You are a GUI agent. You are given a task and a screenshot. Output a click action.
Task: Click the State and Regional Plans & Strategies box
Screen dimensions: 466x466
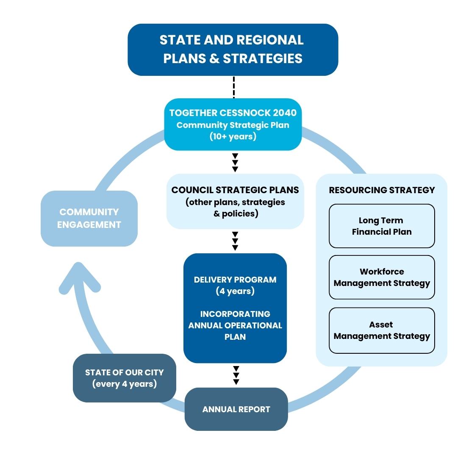coord(233,50)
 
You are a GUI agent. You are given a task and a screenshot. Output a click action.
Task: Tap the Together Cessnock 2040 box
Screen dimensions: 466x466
coord(233,125)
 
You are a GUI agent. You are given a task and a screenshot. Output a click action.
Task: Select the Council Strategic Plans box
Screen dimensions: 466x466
coord(235,202)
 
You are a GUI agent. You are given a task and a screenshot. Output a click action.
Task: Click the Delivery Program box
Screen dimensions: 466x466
coord(235,308)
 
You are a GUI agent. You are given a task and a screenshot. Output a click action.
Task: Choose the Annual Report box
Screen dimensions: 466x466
coord(236,409)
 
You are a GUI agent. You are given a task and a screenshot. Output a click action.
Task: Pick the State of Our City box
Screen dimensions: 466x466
coord(124,378)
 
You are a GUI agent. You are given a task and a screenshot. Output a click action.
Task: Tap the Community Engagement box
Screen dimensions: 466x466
coord(89,218)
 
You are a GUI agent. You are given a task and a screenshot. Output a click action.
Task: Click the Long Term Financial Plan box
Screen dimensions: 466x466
coord(382,226)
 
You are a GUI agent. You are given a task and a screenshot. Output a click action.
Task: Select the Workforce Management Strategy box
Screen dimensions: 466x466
coord(382,277)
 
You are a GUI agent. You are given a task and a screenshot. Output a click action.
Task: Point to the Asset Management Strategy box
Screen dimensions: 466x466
coord(382,330)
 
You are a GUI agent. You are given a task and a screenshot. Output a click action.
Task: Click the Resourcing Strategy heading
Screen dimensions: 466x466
coord(382,190)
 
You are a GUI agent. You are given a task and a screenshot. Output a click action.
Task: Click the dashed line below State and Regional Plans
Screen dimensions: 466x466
coord(233,87)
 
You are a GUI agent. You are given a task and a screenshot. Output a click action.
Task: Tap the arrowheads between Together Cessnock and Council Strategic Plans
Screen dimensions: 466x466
coord(235,163)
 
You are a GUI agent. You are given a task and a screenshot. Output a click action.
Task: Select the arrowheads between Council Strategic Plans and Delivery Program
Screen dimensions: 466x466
coord(235,241)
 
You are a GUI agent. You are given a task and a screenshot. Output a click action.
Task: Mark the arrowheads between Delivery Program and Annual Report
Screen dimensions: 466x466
coord(236,375)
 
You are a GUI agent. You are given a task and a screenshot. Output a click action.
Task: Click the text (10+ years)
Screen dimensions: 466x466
coord(233,136)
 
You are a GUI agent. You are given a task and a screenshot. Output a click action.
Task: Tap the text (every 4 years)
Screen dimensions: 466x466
coord(124,384)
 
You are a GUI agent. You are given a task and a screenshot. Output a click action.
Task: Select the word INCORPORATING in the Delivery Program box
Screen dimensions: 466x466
coord(235,314)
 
